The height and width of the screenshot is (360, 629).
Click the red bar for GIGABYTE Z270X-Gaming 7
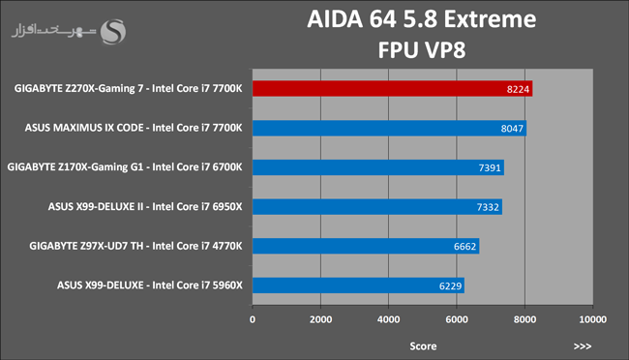[x=392, y=89]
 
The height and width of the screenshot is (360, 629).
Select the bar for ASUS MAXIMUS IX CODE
[x=389, y=128]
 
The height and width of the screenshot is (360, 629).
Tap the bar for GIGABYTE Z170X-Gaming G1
[x=378, y=167]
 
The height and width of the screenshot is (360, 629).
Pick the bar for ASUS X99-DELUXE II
[x=377, y=207]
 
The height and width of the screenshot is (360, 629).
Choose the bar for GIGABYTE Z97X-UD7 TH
[x=366, y=246]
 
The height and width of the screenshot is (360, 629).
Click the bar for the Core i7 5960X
[x=358, y=285]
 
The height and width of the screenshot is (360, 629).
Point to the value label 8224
[x=518, y=89]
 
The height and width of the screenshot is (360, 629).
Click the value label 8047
[x=512, y=129]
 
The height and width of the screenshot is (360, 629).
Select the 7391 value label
[x=490, y=167]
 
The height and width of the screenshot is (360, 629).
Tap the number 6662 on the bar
[x=464, y=247]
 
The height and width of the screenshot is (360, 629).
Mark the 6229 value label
[x=451, y=286]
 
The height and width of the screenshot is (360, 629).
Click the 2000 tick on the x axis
[x=320, y=319]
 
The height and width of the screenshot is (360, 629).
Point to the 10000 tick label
[x=593, y=319]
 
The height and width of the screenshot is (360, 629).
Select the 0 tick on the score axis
[x=253, y=319]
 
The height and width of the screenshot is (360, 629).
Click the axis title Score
[x=423, y=345]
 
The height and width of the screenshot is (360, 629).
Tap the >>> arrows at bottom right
[x=582, y=345]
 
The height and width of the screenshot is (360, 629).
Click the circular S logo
[x=112, y=32]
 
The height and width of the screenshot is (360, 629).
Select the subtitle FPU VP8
[x=422, y=50]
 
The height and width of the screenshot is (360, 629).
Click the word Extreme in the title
[x=490, y=18]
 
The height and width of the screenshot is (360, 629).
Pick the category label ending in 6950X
[x=145, y=207]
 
